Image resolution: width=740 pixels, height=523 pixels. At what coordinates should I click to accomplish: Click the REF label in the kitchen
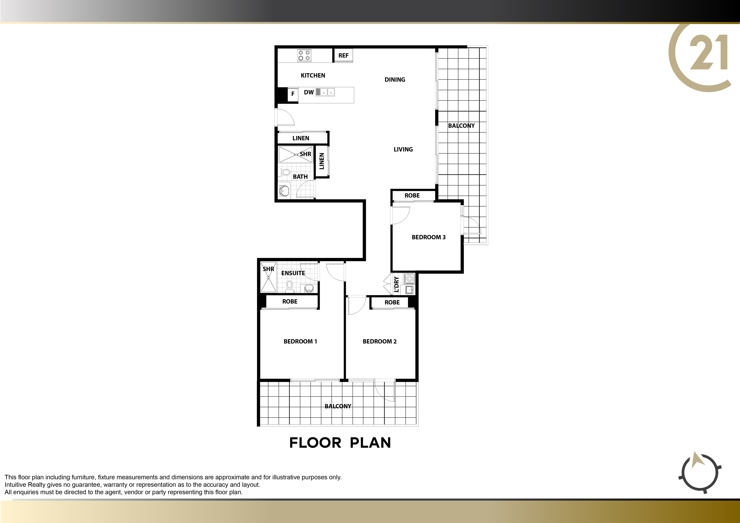tap(343, 55)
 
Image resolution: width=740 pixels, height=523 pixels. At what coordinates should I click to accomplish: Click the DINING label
tap(395, 80)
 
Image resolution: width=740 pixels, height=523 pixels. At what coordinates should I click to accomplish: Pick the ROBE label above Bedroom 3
tap(412, 195)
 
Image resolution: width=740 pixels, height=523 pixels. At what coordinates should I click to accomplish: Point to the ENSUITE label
tap(293, 273)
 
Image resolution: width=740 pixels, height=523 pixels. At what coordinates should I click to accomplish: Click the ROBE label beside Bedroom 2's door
tap(392, 302)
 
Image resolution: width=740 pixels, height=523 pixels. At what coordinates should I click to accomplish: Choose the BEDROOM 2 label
tap(380, 341)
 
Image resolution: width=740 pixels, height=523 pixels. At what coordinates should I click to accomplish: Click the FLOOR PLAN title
tap(340, 443)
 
